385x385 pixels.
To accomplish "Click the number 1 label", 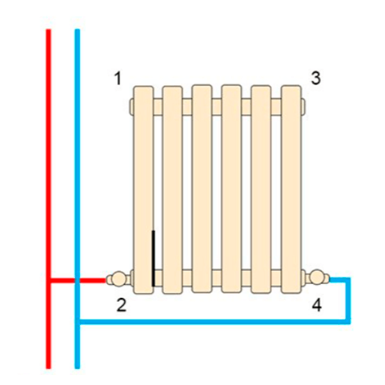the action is [x=118, y=79].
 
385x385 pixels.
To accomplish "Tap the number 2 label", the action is [x=122, y=305].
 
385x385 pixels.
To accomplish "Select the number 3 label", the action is [x=316, y=78].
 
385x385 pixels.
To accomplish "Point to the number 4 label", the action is [x=316, y=305].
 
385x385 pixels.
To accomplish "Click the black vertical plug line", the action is [x=153, y=258].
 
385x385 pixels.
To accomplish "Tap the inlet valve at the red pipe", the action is [x=119, y=279].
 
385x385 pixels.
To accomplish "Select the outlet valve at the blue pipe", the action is [x=317, y=277].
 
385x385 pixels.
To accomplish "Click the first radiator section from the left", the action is [x=143, y=189].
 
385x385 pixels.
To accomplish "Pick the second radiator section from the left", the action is [x=172, y=189].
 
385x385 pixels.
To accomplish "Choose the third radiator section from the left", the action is [x=202, y=189].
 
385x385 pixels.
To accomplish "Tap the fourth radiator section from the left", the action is [x=232, y=189].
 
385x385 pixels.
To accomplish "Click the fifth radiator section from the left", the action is [x=261, y=189].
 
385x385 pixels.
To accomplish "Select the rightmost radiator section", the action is [x=291, y=189].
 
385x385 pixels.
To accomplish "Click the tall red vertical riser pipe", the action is [x=49, y=199].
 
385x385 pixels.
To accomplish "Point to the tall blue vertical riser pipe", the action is [x=77, y=199].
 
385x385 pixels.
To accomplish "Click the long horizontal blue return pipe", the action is [x=215, y=322].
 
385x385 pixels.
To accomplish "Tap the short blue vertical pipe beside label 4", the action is [x=348, y=300].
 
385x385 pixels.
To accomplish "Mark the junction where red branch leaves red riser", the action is [x=49, y=280].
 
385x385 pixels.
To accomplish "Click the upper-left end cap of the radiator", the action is [x=131, y=105].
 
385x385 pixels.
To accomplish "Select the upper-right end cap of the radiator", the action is [x=303, y=105].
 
